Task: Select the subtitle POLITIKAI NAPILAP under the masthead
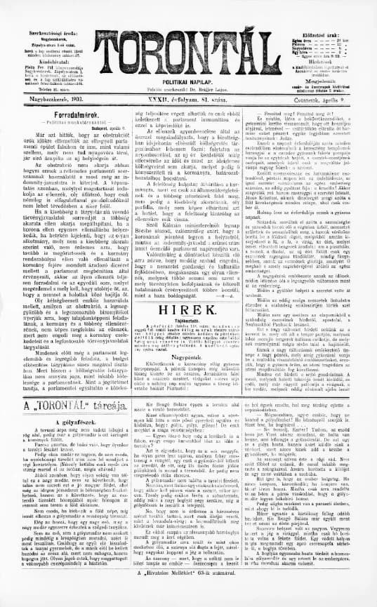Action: (x=187, y=83)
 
